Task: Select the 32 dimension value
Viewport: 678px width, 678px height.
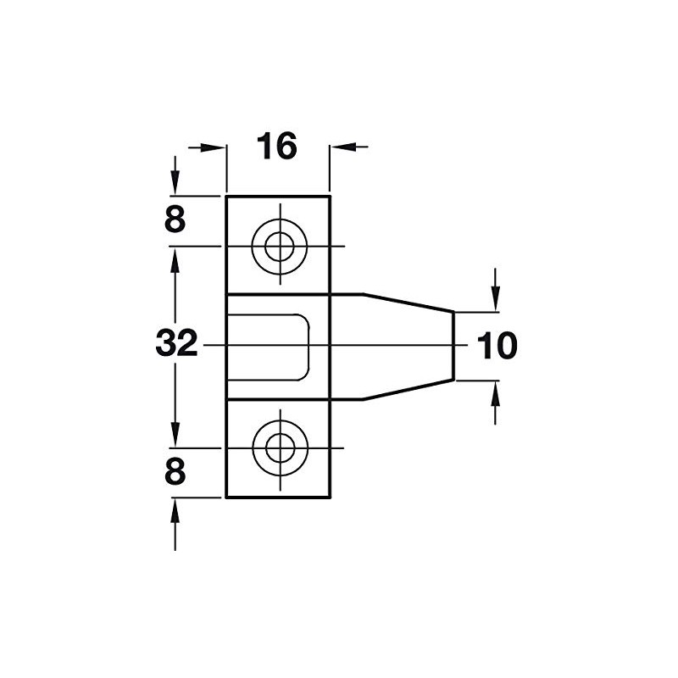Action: (176, 345)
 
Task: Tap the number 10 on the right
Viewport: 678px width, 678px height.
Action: (496, 346)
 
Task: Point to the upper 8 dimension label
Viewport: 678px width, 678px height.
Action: (175, 220)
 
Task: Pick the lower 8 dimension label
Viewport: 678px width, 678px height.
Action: (175, 472)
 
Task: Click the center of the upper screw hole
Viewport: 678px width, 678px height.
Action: (278, 247)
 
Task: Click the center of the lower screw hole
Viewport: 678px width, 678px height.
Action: (278, 447)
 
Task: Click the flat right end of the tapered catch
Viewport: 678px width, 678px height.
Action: (453, 346)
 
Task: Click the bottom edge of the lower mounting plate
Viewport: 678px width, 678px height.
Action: (278, 497)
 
